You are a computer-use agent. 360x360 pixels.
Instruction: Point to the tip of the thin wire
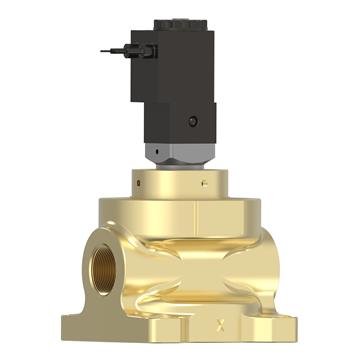pyautogui.click(x=104, y=51)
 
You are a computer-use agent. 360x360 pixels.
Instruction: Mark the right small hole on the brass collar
pyautogui.click(x=203, y=184)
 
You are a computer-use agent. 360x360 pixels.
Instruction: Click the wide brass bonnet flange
pyautogui.click(x=180, y=210)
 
